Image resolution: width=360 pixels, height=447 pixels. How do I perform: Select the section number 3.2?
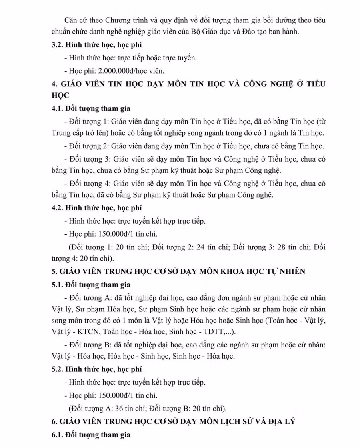click(58, 45)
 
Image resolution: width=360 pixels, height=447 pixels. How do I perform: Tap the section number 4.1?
click(58, 108)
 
